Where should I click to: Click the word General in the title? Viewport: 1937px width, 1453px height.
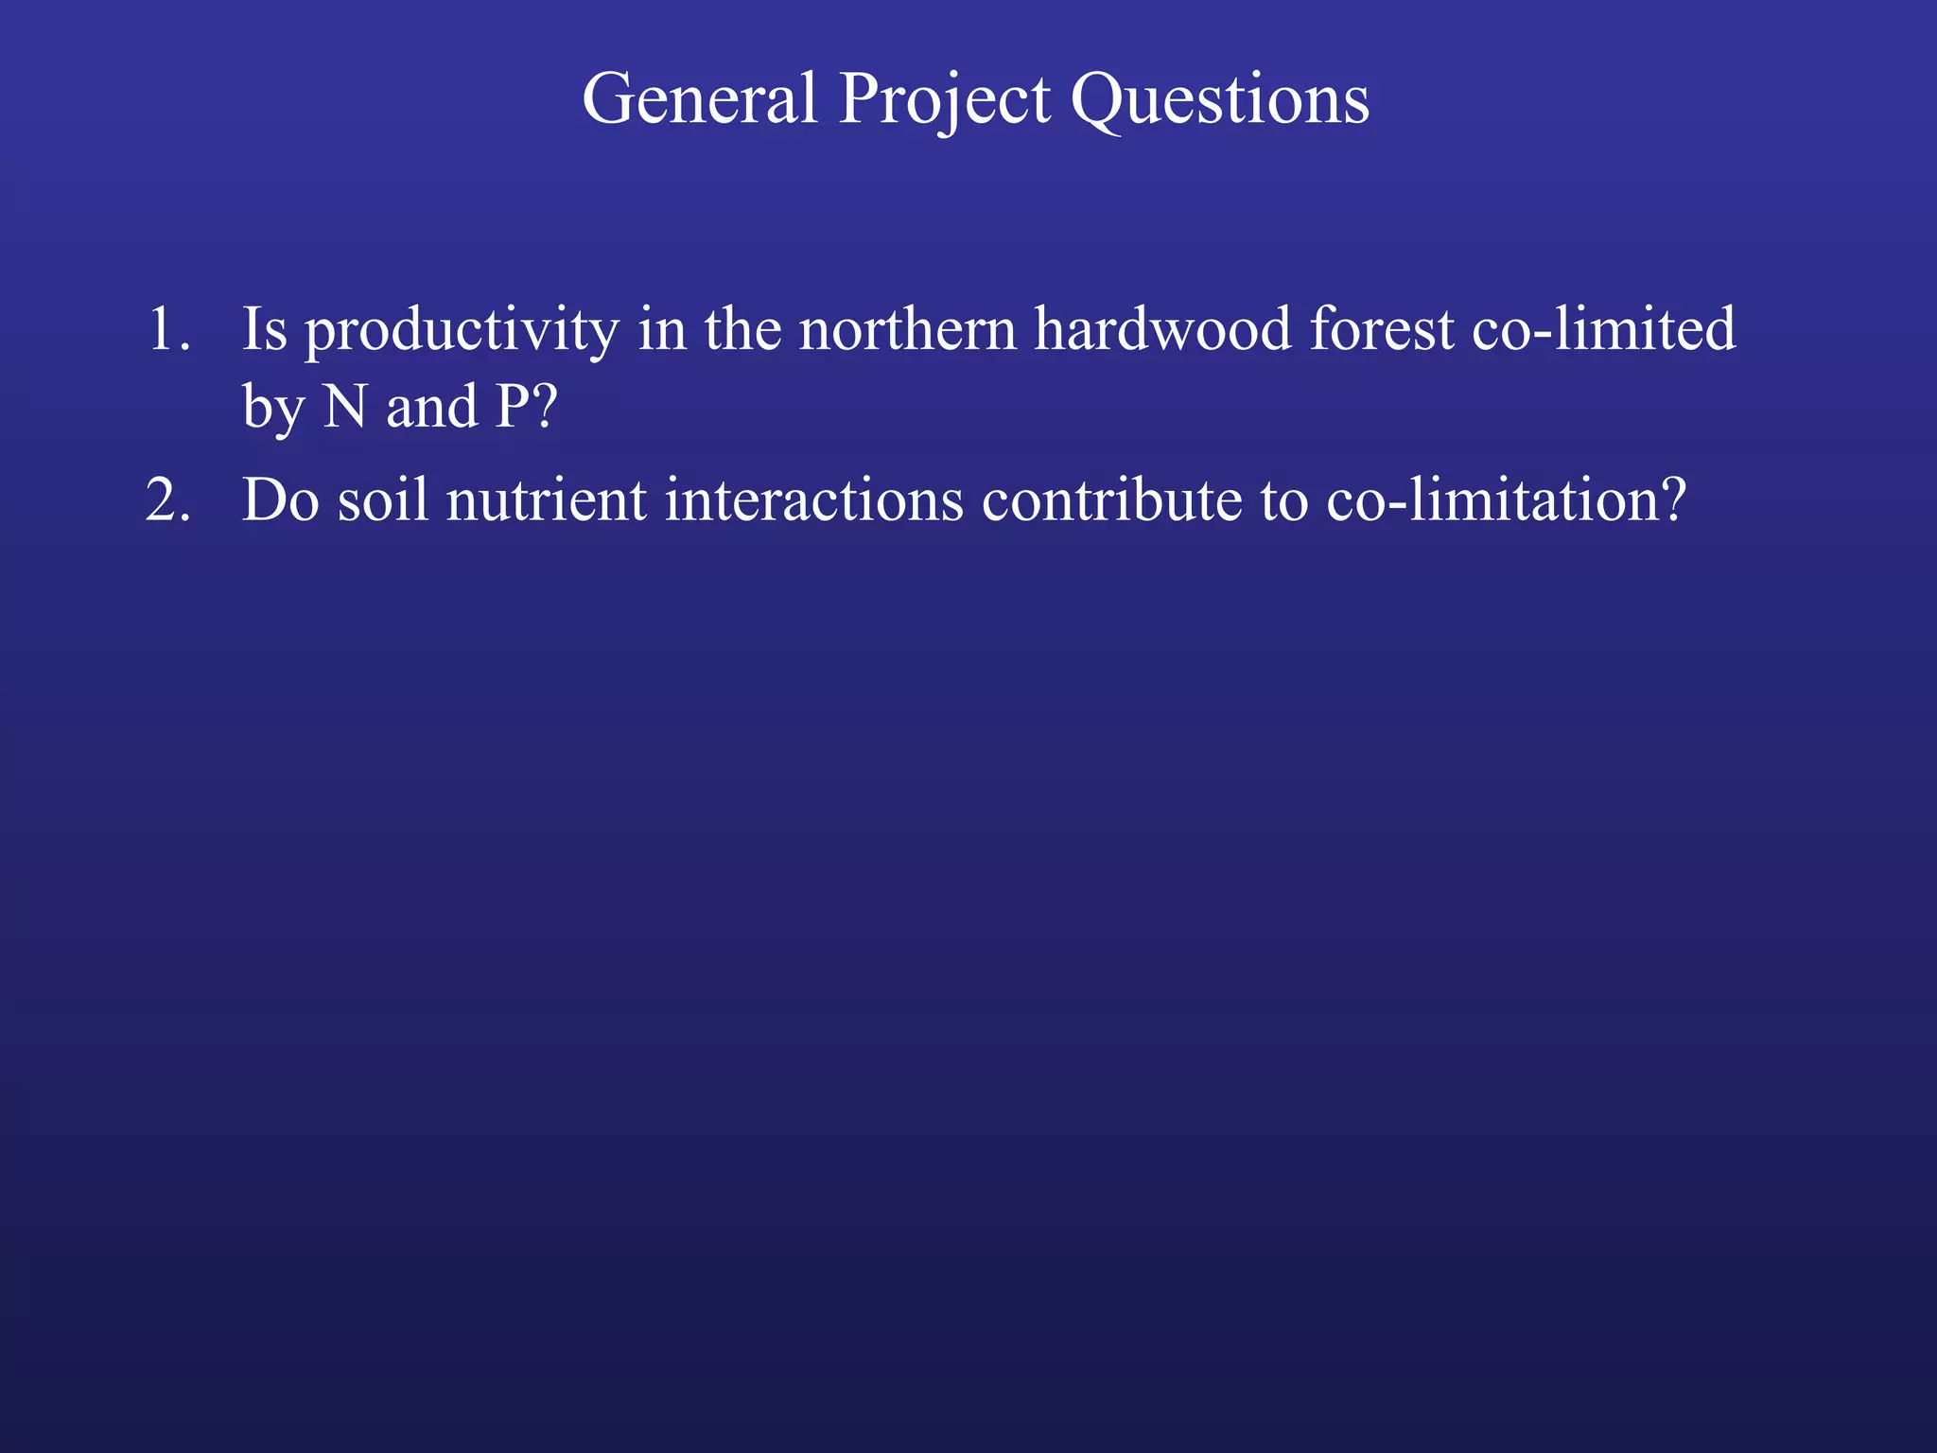(699, 98)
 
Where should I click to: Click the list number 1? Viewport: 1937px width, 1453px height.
(168, 329)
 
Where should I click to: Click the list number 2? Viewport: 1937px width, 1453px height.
(168, 499)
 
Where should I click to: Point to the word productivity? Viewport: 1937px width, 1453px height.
(462, 331)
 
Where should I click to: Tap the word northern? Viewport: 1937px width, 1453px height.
(907, 329)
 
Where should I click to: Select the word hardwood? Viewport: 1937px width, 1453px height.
(1162, 329)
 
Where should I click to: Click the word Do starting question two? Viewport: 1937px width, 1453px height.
(281, 499)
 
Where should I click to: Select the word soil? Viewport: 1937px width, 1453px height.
(383, 499)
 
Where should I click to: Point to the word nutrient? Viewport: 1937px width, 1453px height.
(546, 499)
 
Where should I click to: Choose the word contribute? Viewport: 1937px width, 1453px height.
(1111, 499)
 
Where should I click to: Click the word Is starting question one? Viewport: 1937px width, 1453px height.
(264, 329)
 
